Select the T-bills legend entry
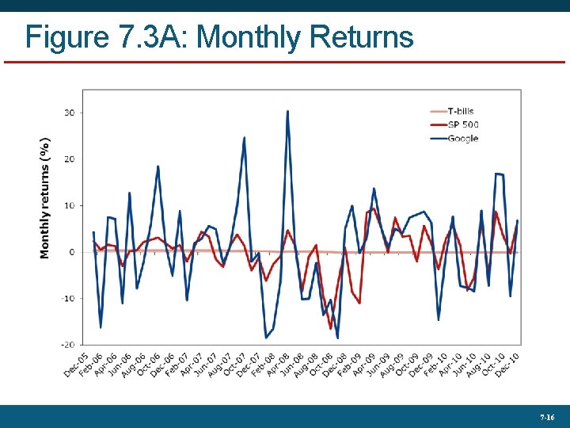click(460, 111)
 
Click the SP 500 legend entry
click(462, 124)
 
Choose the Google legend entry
click(462, 139)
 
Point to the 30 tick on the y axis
click(69, 113)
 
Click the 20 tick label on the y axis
click(69, 159)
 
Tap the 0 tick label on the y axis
click(71, 252)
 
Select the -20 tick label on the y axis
click(67, 345)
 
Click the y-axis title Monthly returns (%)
click(45, 197)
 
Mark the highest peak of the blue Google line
click(287, 111)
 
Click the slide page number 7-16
click(547, 417)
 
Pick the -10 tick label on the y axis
click(67, 299)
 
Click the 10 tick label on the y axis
click(69, 206)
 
